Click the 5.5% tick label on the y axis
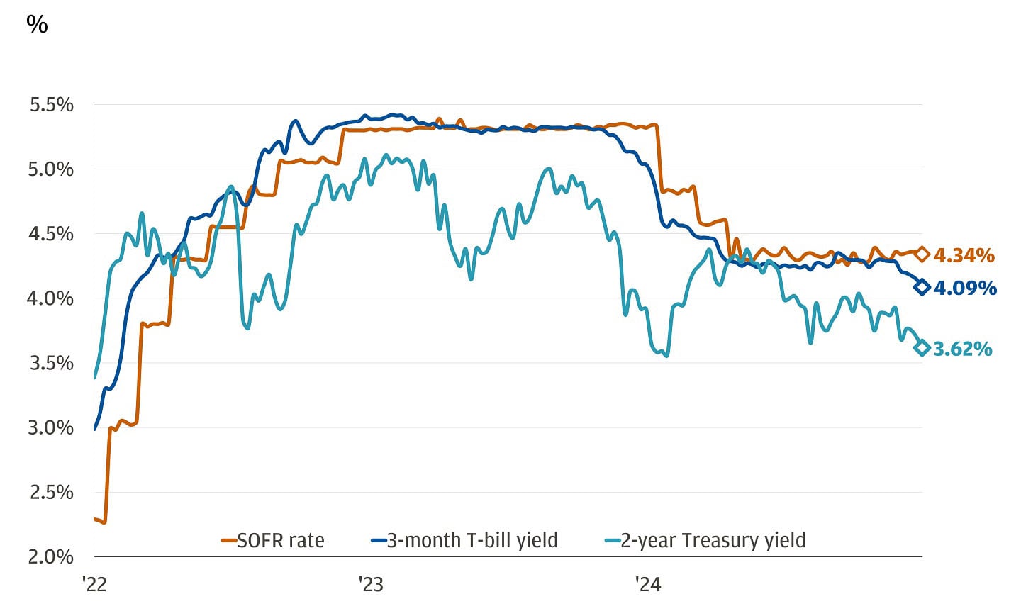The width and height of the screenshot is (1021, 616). point(51,105)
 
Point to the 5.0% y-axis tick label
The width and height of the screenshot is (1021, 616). point(51,169)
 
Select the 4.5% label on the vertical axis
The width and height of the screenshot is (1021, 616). point(51,234)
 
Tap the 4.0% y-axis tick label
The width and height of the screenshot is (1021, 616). point(51,298)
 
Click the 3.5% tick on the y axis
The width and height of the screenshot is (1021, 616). point(51,363)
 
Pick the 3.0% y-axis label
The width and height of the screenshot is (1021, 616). point(51,427)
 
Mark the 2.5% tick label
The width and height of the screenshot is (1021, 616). point(51,492)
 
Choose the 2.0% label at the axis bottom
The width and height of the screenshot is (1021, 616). point(51,556)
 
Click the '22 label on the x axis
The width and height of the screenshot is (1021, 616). point(94,584)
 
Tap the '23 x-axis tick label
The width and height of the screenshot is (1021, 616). point(370,584)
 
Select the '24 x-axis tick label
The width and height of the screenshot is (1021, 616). point(647,584)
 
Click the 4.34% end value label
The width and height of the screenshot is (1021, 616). point(964,255)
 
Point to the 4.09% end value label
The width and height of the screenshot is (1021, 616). point(965,288)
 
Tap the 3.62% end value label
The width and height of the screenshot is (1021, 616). point(963,349)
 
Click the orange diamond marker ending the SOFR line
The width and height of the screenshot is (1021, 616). point(922,254)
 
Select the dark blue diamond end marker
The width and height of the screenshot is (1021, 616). point(922,287)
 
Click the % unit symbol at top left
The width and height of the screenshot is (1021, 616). point(37,25)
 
